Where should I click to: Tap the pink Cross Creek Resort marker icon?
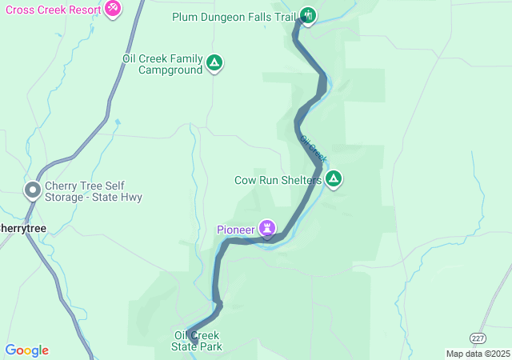(x=113, y=8)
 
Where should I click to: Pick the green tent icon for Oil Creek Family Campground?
(x=214, y=62)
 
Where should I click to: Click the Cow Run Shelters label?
(x=277, y=180)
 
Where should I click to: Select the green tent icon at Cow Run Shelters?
(x=333, y=178)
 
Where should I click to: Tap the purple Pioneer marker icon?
(x=267, y=229)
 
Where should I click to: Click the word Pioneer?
(x=235, y=230)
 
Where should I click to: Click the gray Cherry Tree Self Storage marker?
(x=33, y=190)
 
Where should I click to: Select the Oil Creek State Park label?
(x=196, y=341)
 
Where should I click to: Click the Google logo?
(x=26, y=350)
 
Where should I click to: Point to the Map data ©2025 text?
(x=477, y=354)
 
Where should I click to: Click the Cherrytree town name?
(x=22, y=228)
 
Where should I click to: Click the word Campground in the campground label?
(x=168, y=70)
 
